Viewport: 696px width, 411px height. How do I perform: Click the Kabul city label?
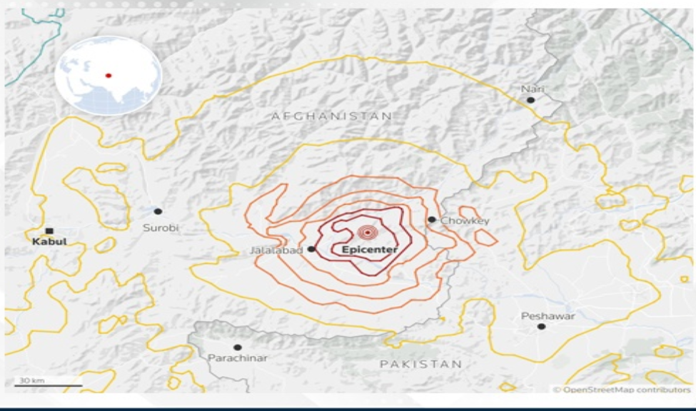coord(49,242)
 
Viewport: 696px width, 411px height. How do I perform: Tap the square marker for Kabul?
coord(49,230)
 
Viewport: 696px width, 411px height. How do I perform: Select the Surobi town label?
coord(161,228)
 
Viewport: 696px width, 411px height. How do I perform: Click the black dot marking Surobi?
coord(158,211)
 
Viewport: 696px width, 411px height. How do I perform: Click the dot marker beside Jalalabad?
coord(311,249)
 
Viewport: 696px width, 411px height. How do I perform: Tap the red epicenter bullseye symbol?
coord(367,232)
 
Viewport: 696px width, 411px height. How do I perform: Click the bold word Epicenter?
coord(369,250)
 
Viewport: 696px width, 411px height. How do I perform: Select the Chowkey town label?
coord(465,221)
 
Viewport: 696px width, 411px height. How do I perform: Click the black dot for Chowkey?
coord(432,220)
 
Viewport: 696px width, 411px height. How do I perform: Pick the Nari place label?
coord(533,88)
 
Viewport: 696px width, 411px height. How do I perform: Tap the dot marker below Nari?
coord(530,100)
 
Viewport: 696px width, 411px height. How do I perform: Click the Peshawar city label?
coord(548,315)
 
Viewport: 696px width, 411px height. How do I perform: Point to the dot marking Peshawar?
coord(541,326)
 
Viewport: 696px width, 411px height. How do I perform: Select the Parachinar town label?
coord(238,357)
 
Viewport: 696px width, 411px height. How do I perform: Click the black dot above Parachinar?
coord(238,347)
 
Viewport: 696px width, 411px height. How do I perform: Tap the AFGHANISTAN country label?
coord(331,116)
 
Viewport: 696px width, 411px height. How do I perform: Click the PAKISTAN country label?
coord(420,364)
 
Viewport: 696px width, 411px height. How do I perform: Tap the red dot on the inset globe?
coord(109,75)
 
